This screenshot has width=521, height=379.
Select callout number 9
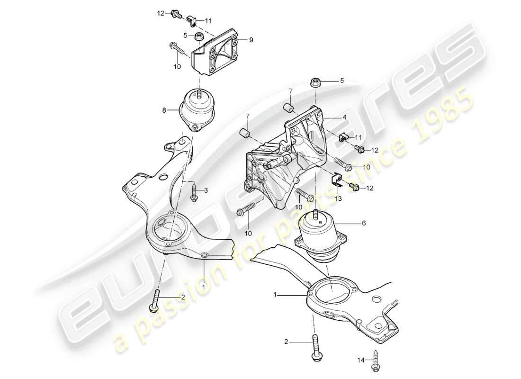tap(251, 40)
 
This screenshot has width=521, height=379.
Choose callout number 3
tap(206, 190)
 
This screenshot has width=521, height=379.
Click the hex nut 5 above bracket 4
tap(317, 83)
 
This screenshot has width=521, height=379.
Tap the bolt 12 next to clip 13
tap(354, 188)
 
